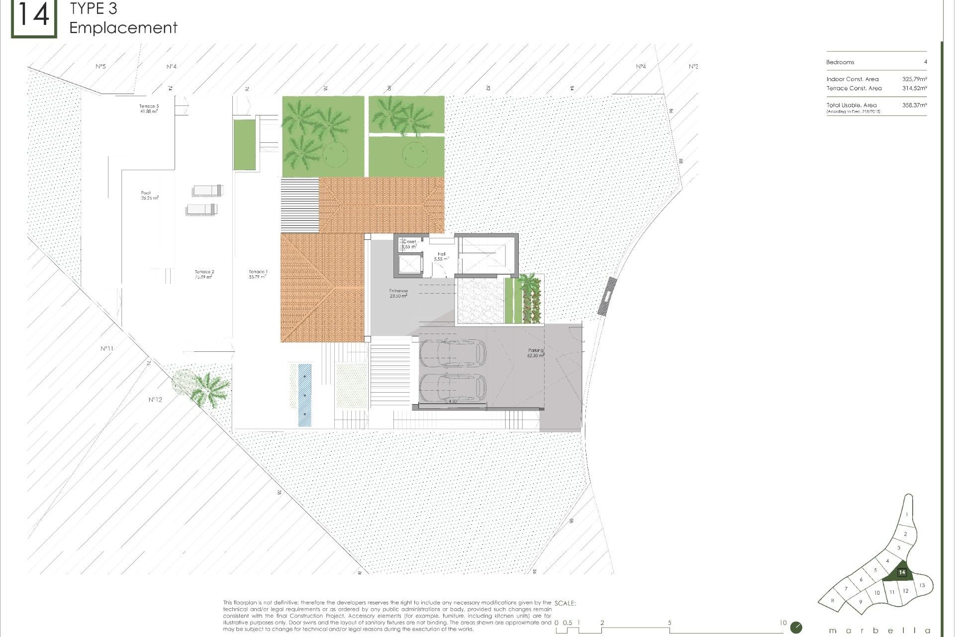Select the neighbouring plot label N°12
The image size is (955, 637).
[155, 400]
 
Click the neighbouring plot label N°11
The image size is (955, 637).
[107, 348]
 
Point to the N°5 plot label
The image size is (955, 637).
[100, 66]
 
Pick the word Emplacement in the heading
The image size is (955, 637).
[123, 28]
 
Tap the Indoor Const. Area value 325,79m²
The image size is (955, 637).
[914, 79]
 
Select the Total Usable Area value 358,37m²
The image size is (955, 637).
[914, 105]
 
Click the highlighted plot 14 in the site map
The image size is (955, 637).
[901, 573]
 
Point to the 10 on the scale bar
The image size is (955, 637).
[783, 623]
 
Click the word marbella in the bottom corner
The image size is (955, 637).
[879, 631]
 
